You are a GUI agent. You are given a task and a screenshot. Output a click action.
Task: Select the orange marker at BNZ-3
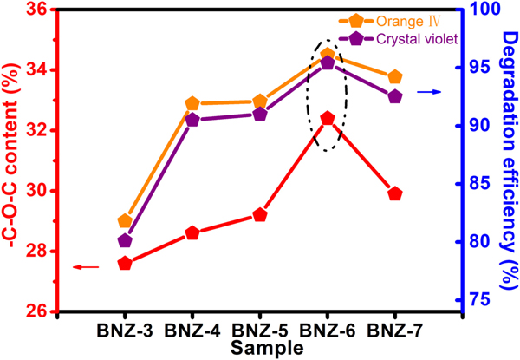click(x=125, y=221)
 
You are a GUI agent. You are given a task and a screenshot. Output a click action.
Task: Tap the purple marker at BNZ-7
click(x=395, y=96)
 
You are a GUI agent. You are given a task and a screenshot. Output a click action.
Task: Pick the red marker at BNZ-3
click(x=125, y=263)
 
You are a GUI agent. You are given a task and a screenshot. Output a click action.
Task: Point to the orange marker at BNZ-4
click(x=192, y=104)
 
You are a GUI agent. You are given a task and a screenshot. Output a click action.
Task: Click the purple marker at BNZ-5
click(x=260, y=114)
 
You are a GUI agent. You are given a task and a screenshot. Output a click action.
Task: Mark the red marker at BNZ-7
click(x=395, y=193)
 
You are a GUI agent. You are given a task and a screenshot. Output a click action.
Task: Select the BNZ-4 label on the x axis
click(x=192, y=331)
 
